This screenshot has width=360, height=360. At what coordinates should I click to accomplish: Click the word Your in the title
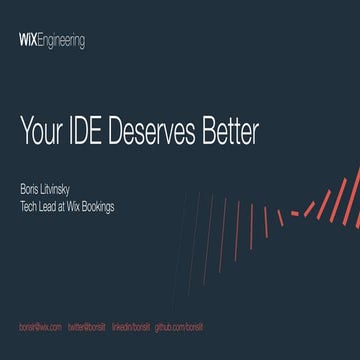coord(40,131)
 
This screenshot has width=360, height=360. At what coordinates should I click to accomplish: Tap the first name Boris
coord(31,187)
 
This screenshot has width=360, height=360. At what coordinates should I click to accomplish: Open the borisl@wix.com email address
coord(41,327)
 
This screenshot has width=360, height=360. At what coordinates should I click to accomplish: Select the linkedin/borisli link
coord(131,327)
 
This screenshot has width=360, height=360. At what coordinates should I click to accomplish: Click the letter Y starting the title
coord(25,131)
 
